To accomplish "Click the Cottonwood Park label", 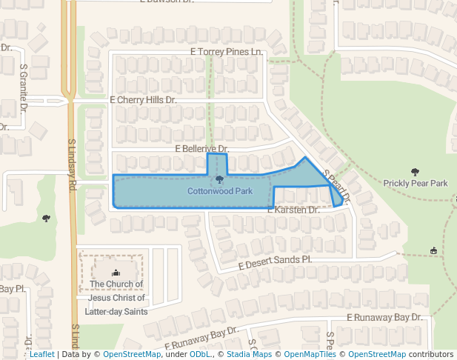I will coord(220,191).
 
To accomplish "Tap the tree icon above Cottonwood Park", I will coord(219,180).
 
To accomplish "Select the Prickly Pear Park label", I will coord(416,183).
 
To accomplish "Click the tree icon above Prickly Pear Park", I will coord(415,171).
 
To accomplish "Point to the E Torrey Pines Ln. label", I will coord(227,52).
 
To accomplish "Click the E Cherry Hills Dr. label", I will coord(143,99).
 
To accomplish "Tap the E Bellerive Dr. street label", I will coord(201,149).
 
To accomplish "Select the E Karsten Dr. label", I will coord(293,210).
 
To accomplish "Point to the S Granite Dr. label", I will coord(24,86).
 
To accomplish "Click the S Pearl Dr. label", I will coord(337,187).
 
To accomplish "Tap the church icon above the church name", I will coord(115,273).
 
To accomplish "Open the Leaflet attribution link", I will coord(41,354).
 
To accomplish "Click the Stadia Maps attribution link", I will coord(247,354).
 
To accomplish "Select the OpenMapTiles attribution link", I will coord(310,354).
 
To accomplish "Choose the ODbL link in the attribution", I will coord(199,354).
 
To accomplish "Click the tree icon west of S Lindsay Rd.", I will coord(47,219).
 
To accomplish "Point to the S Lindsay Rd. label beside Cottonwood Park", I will coord(73,166).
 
